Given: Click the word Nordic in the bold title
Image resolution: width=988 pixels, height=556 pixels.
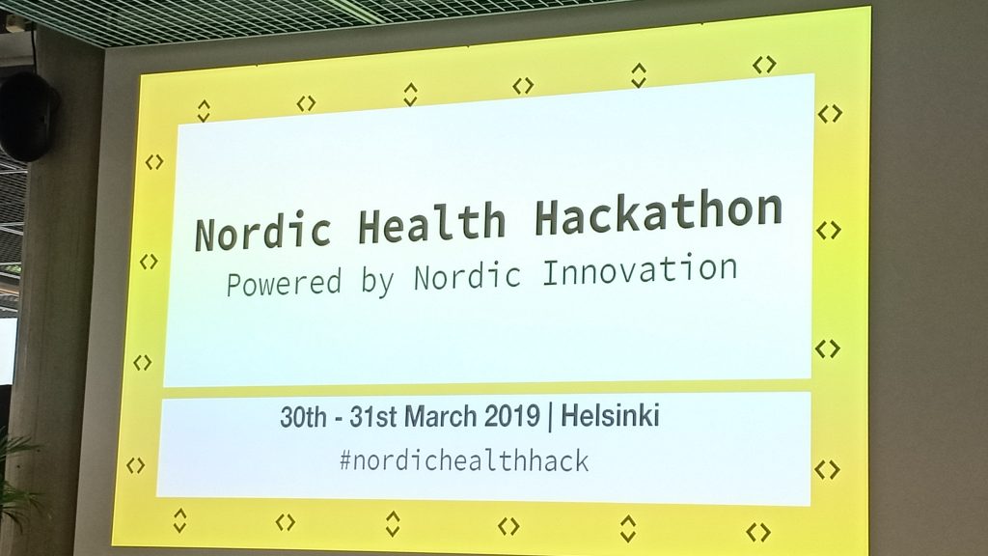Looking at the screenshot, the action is [x=262, y=231].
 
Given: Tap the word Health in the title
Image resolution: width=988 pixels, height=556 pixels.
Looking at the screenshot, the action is [x=431, y=223].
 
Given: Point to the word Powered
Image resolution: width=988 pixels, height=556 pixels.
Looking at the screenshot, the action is [x=284, y=284].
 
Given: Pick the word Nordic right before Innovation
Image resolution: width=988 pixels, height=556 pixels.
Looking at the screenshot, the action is [x=467, y=275].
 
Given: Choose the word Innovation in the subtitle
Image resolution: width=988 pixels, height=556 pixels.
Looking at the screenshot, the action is [x=640, y=270].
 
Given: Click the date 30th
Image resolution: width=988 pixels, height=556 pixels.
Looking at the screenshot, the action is [x=303, y=417].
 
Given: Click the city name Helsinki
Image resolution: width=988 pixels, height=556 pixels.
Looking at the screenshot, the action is [x=610, y=415].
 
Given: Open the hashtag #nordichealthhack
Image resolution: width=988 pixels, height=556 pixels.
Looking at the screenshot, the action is [x=464, y=460].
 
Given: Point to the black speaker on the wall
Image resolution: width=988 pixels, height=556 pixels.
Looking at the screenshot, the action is [x=27, y=116].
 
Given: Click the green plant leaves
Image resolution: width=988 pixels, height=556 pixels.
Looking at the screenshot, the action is [x=15, y=483].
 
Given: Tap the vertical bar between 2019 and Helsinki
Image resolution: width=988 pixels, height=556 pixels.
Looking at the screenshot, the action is [x=551, y=417].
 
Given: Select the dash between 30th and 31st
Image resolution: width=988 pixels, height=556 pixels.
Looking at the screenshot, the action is [x=339, y=419].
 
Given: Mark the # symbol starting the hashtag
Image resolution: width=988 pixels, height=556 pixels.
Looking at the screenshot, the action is [x=345, y=461].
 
